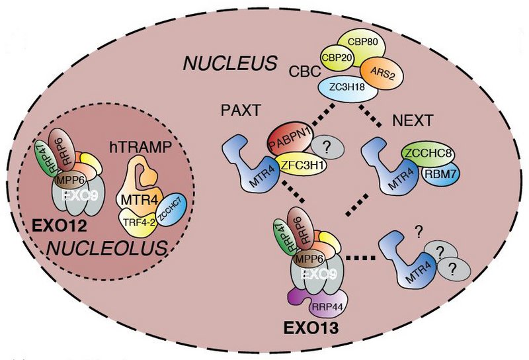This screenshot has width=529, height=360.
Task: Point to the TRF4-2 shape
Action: (138, 224)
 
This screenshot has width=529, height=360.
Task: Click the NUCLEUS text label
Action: (229, 64)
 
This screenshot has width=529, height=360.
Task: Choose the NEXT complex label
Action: (412, 121)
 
